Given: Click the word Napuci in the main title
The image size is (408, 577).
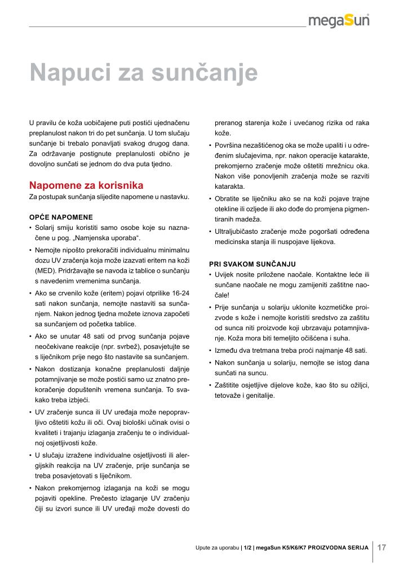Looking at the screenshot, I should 68,73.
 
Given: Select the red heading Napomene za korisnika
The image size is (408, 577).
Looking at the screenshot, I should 86,185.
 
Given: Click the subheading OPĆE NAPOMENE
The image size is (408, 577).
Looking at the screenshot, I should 61,217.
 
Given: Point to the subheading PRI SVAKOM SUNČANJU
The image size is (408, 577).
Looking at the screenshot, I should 252,263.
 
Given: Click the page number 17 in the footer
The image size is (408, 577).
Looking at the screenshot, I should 382,547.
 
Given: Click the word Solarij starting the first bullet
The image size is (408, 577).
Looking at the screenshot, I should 46,228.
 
